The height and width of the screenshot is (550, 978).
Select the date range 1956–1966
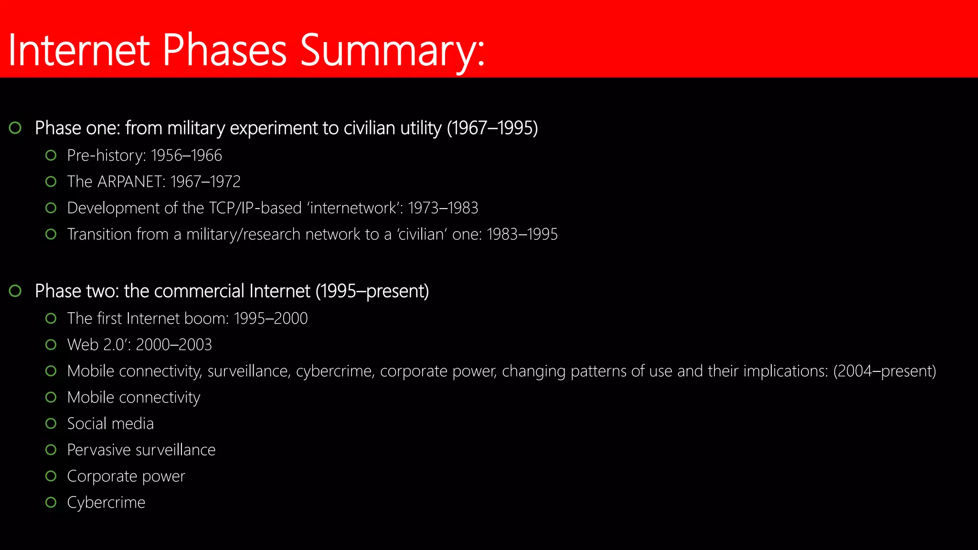186,156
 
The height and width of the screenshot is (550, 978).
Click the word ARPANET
131,182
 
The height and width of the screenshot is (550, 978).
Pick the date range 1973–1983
443,208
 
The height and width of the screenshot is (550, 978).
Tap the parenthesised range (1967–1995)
492,128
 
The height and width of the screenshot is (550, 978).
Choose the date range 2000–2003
174,345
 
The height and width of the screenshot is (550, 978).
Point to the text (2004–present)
884,371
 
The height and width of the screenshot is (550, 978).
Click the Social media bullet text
110,424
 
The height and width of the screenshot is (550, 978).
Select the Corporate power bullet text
126,476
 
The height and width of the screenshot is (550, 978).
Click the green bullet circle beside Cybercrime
51,502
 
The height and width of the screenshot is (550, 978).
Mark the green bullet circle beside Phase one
15,128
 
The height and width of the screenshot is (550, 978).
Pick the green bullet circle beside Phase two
15,291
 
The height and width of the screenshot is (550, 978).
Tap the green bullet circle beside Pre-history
51,155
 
